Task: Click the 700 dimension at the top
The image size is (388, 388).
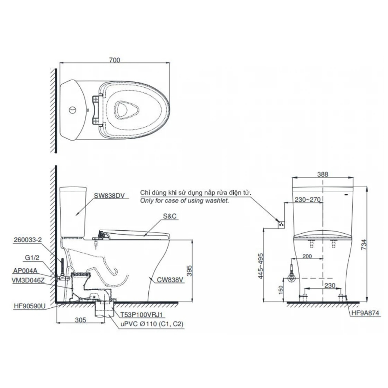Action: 114,60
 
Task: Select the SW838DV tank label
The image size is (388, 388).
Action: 109,195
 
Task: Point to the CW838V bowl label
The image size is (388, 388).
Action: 170,279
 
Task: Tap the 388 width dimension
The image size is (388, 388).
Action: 322,174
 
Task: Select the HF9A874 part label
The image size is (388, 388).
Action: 364,314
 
